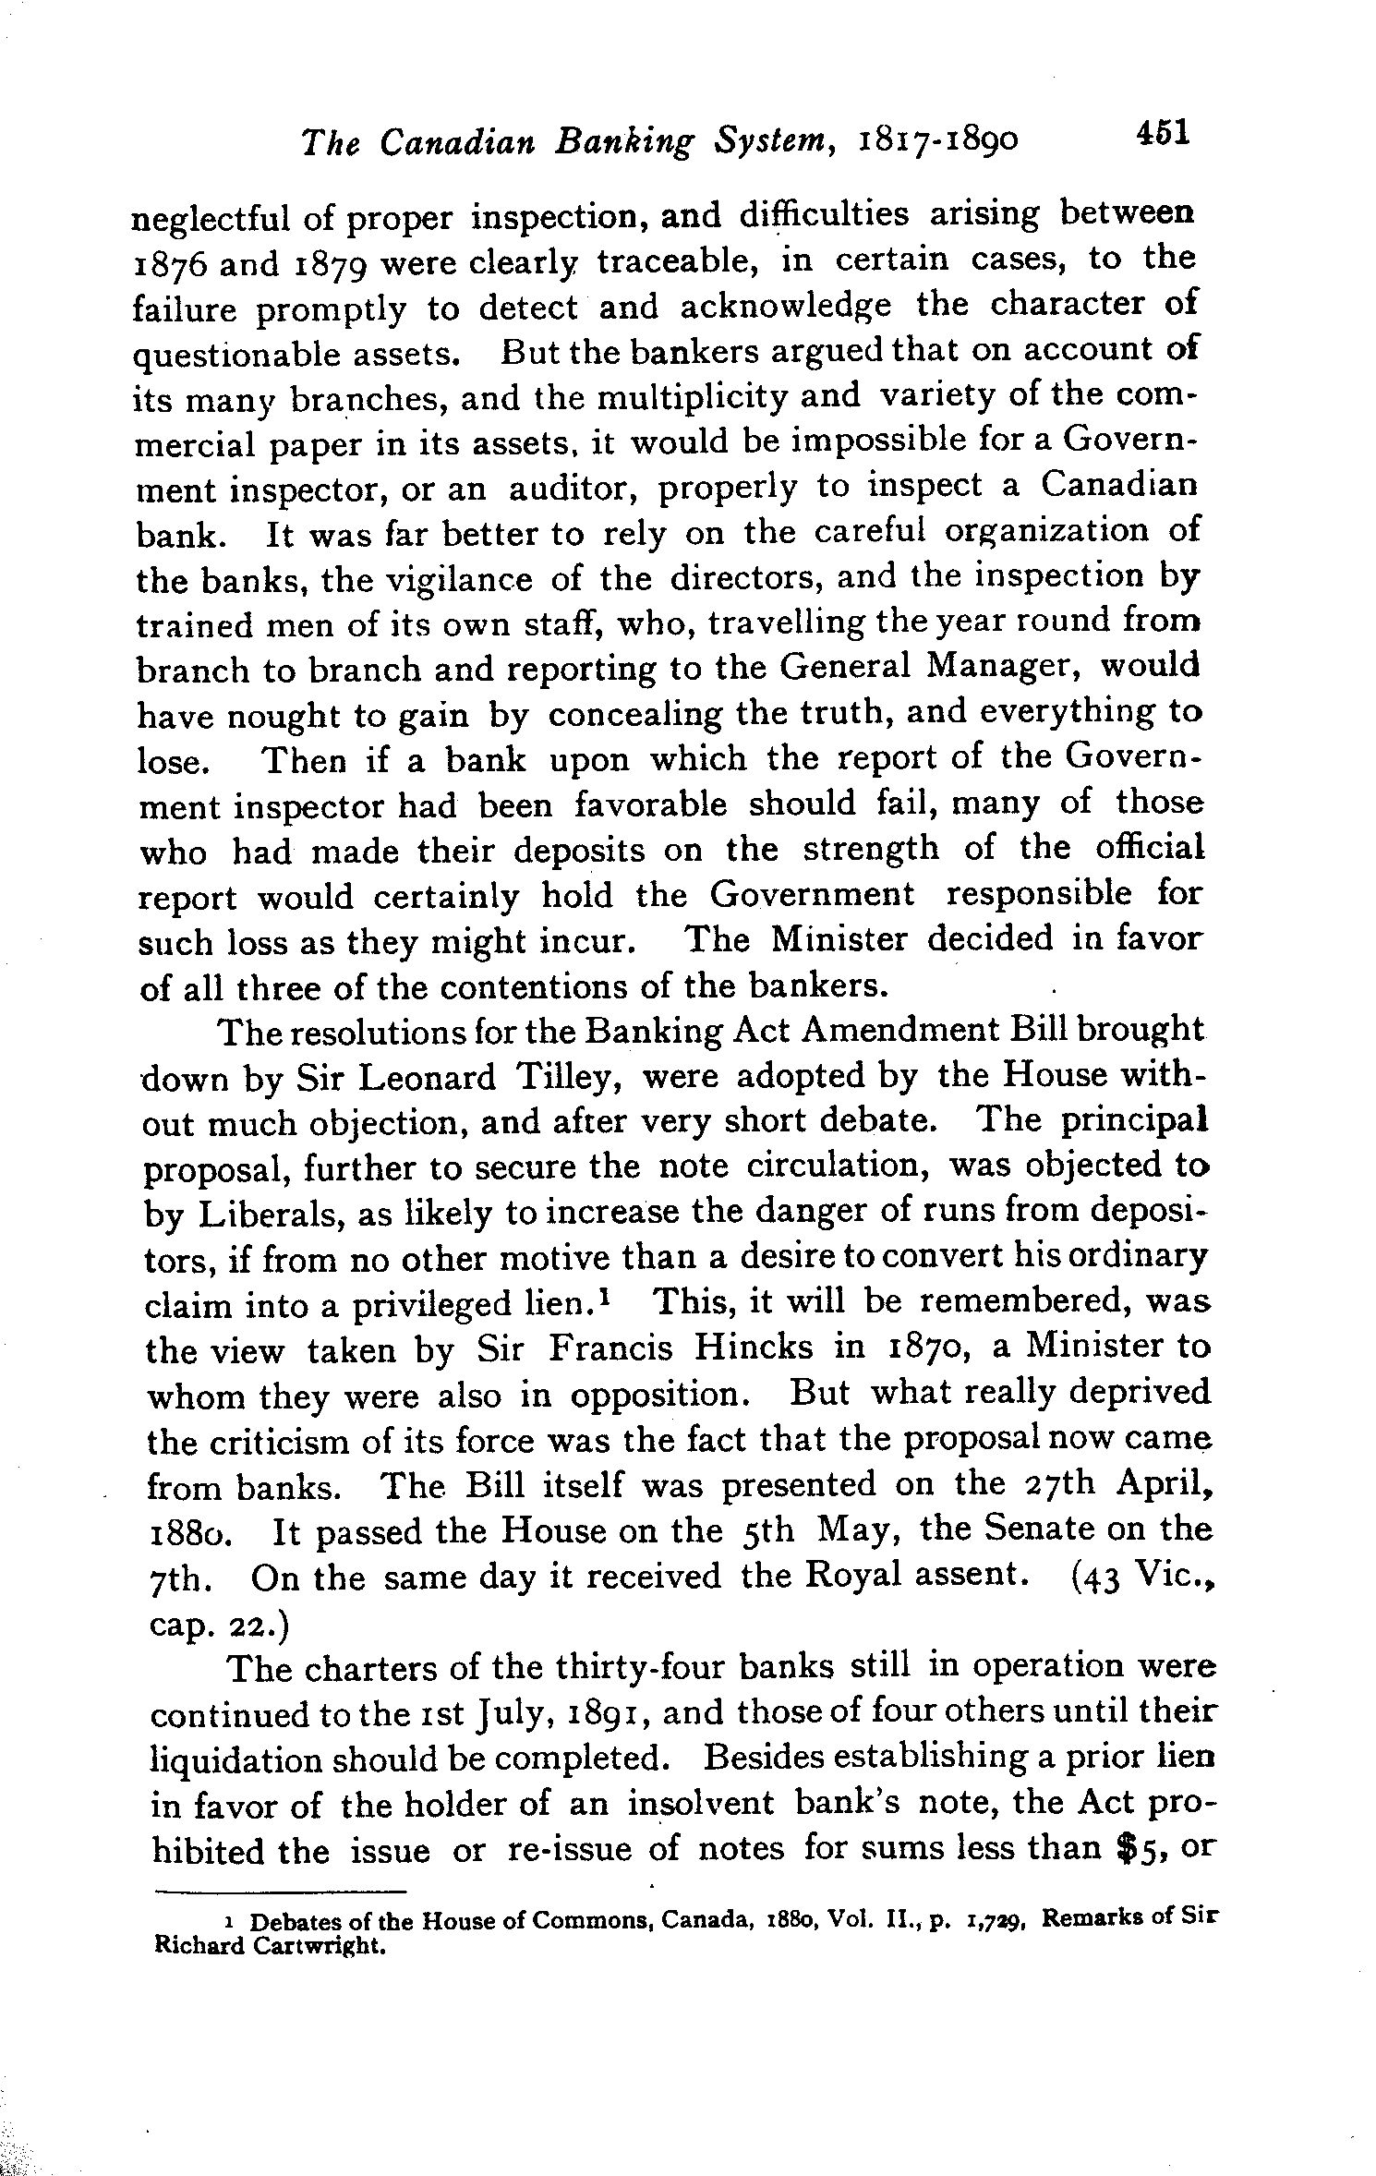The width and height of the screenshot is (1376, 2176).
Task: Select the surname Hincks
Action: [753, 1348]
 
